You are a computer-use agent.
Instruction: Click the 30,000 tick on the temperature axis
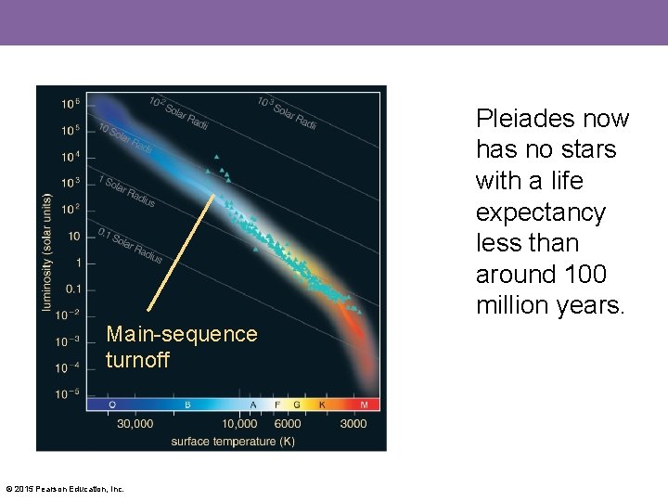(x=135, y=424)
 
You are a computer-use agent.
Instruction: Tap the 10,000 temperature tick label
(x=239, y=424)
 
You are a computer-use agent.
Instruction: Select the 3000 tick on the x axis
(x=352, y=424)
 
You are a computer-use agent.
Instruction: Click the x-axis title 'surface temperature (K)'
(x=233, y=441)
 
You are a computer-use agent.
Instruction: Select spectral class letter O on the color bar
(x=112, y=405)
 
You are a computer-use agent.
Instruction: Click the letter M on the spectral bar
(x=363, y=405)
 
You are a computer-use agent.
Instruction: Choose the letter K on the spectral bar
(x=322, y=405)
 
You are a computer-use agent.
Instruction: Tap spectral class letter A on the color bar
(x=253, y=405)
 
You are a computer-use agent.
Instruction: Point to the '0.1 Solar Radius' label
(x=130, y=245)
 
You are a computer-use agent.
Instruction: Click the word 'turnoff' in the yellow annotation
(x=137, y=360)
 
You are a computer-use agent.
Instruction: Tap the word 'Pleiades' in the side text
(x=525, y=119)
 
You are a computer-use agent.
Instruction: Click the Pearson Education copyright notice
(x=65, y=489)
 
